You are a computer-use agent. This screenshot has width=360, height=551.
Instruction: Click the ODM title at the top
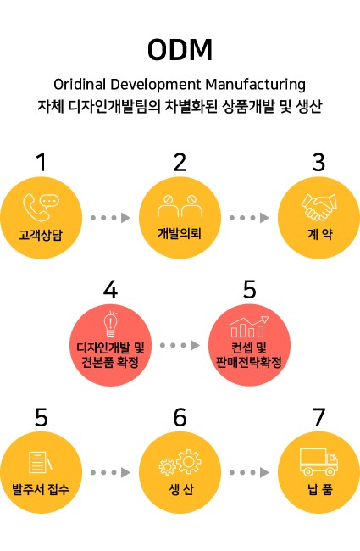coord(180,50)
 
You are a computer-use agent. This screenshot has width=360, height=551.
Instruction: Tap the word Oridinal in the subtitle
coord(80,84)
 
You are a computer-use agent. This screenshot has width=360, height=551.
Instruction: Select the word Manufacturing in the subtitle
coord(255,85)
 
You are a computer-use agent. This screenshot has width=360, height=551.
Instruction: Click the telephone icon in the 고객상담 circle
coord(36,208)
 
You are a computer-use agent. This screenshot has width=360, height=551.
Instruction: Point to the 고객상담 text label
coord(41,234)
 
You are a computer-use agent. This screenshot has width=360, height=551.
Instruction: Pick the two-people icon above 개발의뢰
coord(180,206)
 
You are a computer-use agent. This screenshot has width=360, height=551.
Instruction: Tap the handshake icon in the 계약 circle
coord(318,207)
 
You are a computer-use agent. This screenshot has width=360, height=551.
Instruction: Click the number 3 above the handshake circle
coord(318,163)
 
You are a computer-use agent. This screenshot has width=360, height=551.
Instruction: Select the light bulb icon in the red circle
coord(111,324)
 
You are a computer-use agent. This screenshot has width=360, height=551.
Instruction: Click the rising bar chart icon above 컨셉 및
coord(249,326)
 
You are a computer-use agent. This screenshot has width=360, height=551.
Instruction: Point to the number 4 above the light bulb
coord(110,290)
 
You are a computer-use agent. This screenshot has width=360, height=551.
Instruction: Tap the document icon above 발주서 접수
coord(41,462)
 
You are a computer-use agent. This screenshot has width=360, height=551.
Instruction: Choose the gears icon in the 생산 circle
coord(180,462)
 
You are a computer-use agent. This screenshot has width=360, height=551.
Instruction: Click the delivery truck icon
coord(318,462)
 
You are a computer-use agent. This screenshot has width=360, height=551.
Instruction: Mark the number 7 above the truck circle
coord(318,417)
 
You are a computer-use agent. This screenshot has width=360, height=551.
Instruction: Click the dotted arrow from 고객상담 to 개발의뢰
coord(110,218)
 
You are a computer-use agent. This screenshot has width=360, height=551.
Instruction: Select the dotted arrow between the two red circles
coord(180,345)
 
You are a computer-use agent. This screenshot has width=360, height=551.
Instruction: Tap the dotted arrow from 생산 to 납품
coord(249,473)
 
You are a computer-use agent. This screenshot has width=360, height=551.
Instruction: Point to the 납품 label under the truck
coord(320,489)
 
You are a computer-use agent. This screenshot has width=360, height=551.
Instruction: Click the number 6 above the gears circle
coord(180,417)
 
